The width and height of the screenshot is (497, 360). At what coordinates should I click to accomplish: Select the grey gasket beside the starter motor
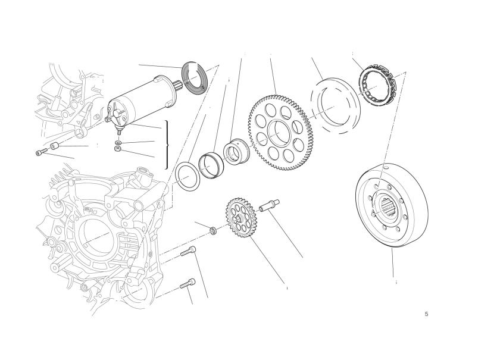(x=195, y=78)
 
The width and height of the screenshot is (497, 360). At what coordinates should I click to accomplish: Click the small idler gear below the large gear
(x=240, y=218)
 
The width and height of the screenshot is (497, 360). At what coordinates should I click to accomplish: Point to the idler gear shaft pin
(x=270, y=205)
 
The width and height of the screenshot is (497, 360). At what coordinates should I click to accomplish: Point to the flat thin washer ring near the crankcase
(x=187, y=177)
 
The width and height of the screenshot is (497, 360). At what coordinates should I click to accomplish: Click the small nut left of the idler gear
(x=214, y=231)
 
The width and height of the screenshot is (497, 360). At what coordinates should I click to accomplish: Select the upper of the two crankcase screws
(x=188, y=251)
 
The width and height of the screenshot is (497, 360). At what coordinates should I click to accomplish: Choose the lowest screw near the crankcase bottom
(x=187, y=284)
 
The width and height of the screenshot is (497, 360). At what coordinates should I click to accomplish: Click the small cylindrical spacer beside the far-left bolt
(x=54, y=146)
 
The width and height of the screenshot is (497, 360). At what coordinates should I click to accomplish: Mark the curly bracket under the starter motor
(x=167, y=145)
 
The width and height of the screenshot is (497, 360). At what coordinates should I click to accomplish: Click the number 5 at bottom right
(x=426, y=314)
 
